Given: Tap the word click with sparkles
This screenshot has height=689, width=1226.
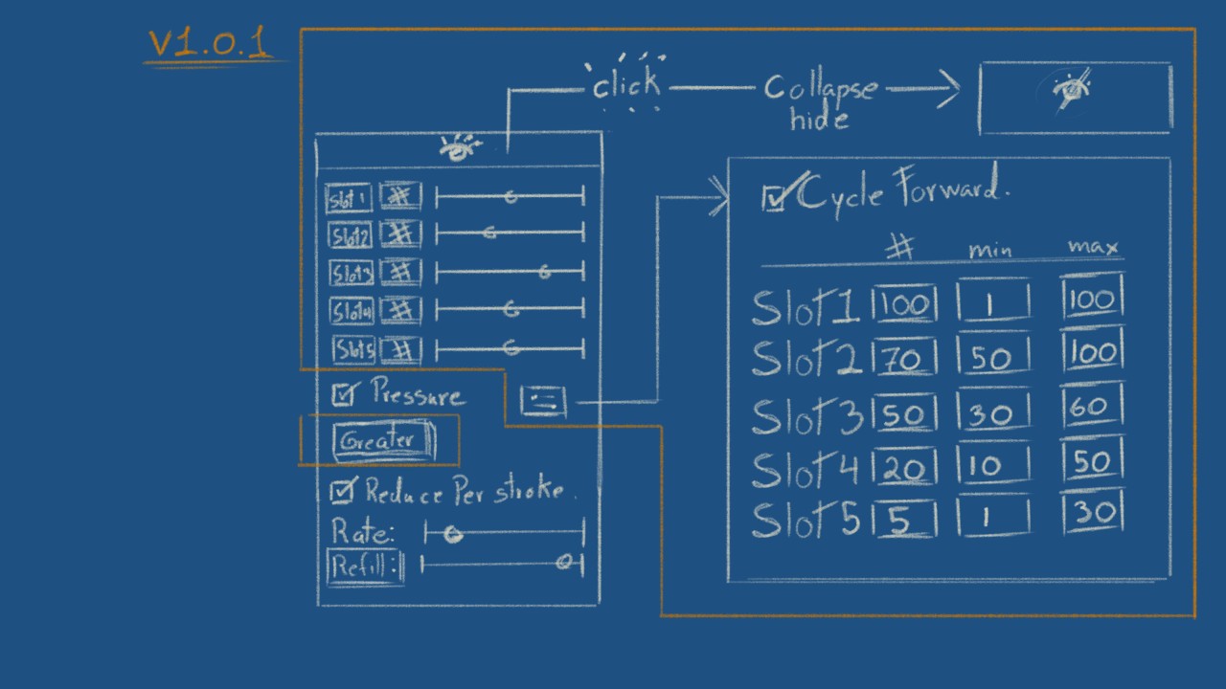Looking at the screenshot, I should (x=625, y=85).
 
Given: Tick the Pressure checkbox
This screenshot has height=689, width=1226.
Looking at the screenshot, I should (x=343, y=393).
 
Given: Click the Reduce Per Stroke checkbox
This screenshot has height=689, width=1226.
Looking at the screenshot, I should (x=341, y=492).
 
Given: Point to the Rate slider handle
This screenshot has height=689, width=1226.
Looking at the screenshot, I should (x=452, y=534).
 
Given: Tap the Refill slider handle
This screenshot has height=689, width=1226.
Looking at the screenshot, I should (x=565, y=563).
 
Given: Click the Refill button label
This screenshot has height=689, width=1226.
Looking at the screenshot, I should (x=364, y=567).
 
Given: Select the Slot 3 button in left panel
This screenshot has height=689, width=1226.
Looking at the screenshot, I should (x=351, y=274).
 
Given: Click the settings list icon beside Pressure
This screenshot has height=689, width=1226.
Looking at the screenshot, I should (x=543, y=402).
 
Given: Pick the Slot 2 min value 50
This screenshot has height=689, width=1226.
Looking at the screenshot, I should (x=992, y=358).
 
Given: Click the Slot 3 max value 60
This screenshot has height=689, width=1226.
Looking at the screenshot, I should (x=1092, y=409).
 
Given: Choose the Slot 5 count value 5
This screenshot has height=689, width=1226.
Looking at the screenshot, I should (x=900, y=521).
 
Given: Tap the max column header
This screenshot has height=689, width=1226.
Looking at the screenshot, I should (x=1093, y=248).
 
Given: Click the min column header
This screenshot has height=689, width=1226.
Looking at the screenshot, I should (x=990, y=251).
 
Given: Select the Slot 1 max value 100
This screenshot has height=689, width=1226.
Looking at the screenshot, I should (x=1092, y=300).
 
